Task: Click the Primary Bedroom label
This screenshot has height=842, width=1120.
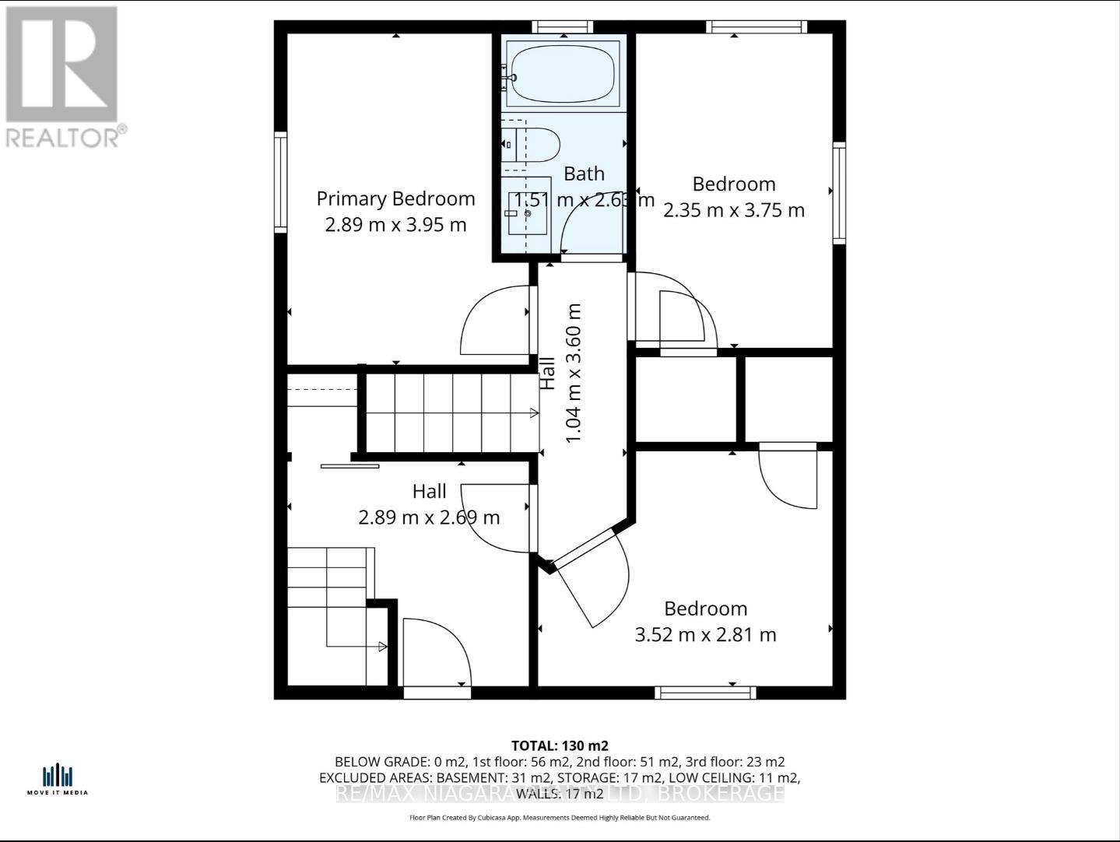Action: coord(395,198)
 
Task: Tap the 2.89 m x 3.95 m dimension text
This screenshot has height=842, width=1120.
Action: coord(395,225)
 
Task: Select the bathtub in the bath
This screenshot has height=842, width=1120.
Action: coord(563,73)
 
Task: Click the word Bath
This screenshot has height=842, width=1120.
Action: coord(584,174)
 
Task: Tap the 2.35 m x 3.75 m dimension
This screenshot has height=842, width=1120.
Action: coord(733,210)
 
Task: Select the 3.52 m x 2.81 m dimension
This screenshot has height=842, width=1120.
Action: coord(705,634)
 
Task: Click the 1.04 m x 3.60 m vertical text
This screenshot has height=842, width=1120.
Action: coord(574,374)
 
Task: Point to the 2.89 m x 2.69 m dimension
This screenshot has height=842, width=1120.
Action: coord(429,517)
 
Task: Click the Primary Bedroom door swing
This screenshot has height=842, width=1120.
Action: coord(495,321)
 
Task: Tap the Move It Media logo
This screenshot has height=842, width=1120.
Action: coord(58,779)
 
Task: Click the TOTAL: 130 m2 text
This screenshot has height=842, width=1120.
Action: coord(559,746)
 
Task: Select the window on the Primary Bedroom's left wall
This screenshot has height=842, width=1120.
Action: coord(280,181)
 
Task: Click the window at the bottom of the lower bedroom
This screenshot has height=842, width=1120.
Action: coord(704,692)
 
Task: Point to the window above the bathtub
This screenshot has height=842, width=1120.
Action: coord(562,27)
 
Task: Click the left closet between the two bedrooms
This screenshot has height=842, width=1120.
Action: coord(685,399)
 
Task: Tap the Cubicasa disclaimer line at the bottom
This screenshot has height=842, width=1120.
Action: coord(559,818)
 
